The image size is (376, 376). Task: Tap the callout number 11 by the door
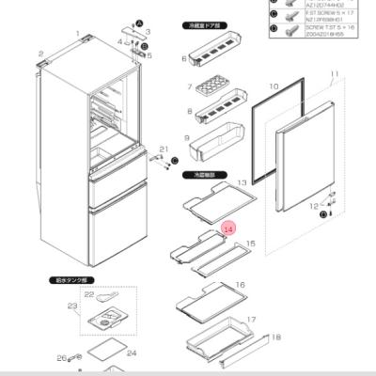pos(333,73)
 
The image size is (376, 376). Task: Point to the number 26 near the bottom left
pos(60,357)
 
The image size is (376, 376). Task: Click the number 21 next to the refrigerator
pos(164,149)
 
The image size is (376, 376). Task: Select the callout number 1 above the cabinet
pos(77,33)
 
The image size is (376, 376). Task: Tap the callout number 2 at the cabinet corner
pos(40,54)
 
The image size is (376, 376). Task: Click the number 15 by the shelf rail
pos(250,243)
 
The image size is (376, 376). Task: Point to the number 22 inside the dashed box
pos(89,294)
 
